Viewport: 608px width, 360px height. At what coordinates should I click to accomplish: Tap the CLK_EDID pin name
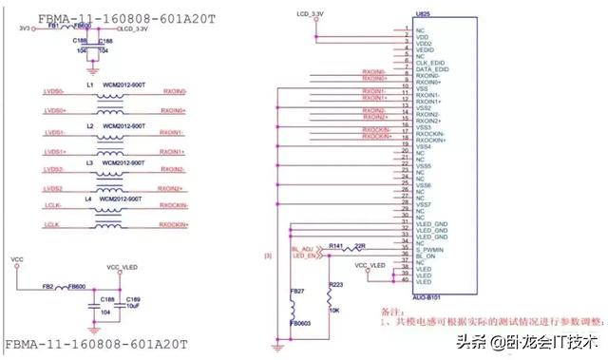[x=432, y=63]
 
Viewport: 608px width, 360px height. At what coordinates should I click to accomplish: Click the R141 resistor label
[x=334, y=245]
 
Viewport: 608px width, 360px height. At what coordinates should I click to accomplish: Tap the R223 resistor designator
[x=335, y=284]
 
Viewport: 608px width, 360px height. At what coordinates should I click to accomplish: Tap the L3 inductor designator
[x=90, y=163]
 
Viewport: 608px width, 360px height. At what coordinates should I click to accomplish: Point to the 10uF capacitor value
[x=133, y=308]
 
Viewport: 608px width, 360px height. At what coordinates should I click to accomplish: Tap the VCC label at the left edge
[x=16, y=257]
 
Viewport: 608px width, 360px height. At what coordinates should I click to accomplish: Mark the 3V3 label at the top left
[x=24, y=28]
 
